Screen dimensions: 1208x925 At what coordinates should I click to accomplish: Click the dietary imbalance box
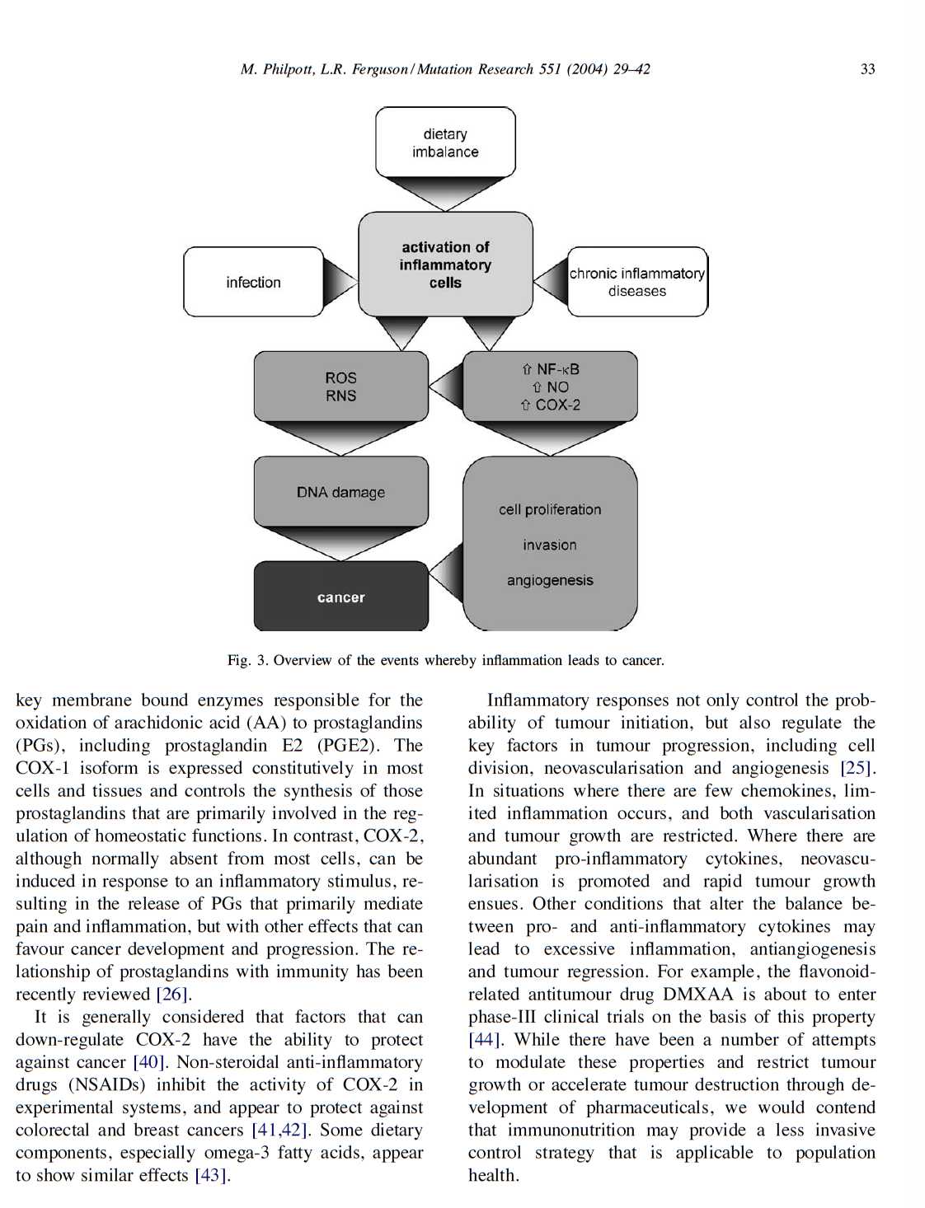click(x=445, y=143)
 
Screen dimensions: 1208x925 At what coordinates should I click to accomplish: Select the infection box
click(x=253, y=283)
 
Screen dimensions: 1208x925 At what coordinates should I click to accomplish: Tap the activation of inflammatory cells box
click(x=445, y=265)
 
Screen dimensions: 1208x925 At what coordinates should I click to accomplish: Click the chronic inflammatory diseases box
click(x=637, y=282)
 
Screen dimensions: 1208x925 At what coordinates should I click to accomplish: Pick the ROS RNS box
click(x=340, y=386)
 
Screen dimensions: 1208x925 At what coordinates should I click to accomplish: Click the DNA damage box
click(x=340, y=492)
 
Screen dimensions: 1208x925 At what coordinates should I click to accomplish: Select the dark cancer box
click(x=340, y=597)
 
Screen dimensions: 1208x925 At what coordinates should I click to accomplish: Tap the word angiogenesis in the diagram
click(x=550, y=580)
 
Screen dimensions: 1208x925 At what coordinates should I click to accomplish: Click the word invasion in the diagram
click(x=550, y=545)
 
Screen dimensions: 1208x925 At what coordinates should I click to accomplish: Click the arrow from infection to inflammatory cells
click(x=339, y=282)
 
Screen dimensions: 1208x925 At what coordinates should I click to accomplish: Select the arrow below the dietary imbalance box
click(x=445, y=194)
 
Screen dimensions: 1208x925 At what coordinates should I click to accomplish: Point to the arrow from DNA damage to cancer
click(x=340, y=543)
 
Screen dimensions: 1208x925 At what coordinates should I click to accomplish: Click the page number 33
click(x=867, y=69)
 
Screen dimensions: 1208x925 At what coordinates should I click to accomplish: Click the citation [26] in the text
click(x=173, y=995)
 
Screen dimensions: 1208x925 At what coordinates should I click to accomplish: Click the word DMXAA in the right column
click(x=697, y=995)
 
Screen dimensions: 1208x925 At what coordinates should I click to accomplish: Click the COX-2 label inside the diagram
click(x=557, y=405)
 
